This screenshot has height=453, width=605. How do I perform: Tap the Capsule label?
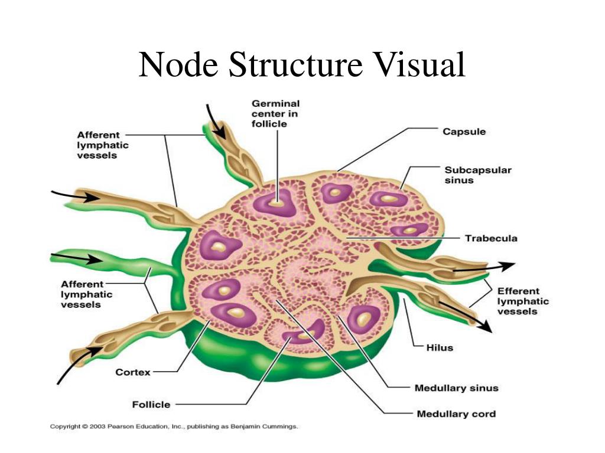(464, 132)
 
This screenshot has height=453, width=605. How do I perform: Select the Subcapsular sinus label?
(478, 175)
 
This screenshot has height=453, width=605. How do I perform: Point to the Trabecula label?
(491, 238)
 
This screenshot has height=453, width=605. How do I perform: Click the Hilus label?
(440, 348)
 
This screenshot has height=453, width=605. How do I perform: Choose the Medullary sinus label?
(457, 388)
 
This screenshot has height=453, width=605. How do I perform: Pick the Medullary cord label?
(457, 414)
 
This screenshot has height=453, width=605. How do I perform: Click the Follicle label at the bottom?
(151, 405)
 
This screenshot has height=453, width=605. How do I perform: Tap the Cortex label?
(133, 373)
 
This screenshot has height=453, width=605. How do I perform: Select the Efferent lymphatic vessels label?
(523, 301)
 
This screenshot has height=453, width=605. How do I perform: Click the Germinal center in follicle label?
(275, 114)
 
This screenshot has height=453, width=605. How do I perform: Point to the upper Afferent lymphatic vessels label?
(103, 145)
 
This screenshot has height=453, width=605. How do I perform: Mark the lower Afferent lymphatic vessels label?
(86, 294)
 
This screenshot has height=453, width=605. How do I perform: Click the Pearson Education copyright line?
(174, 426)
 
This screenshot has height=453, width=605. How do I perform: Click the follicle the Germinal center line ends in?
(275, 202)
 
